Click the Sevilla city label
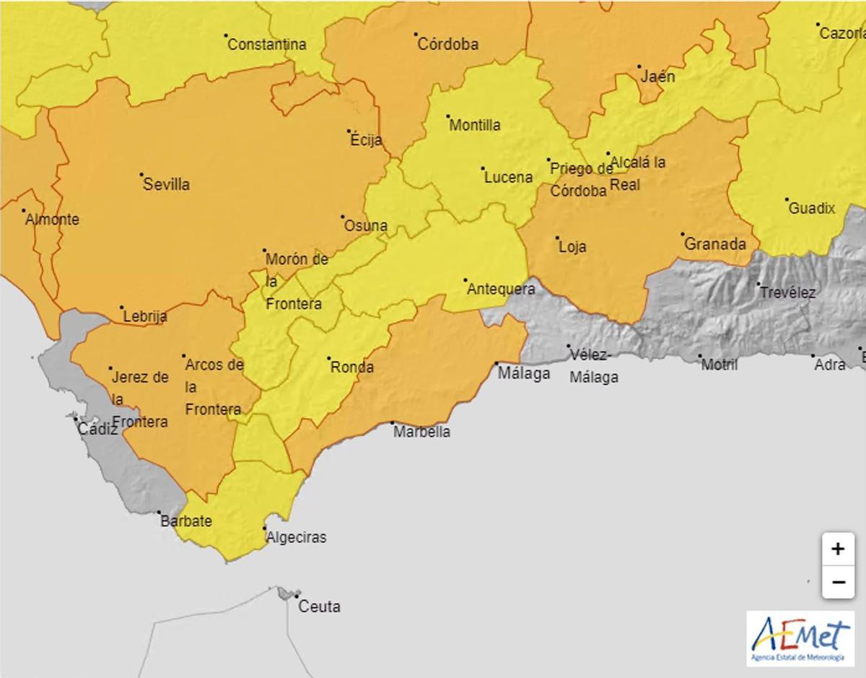(166, 184)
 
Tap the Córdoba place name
(447, 44)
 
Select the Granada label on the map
(714, 244)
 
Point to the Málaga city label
(524, 373)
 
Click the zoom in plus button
(837, 549)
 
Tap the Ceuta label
(319, 607)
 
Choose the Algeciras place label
(296, 537)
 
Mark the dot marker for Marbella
(393, 422)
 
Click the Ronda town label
(352, 368)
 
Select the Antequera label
(502, 290)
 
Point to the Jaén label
(657, 76)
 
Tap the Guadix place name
(812, 209)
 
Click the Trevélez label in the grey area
(787, 292)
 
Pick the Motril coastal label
(720, 365)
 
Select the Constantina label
(267, 44)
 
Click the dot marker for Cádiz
(74, 417)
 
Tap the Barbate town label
(186, 521)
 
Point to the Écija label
(366, 140)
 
